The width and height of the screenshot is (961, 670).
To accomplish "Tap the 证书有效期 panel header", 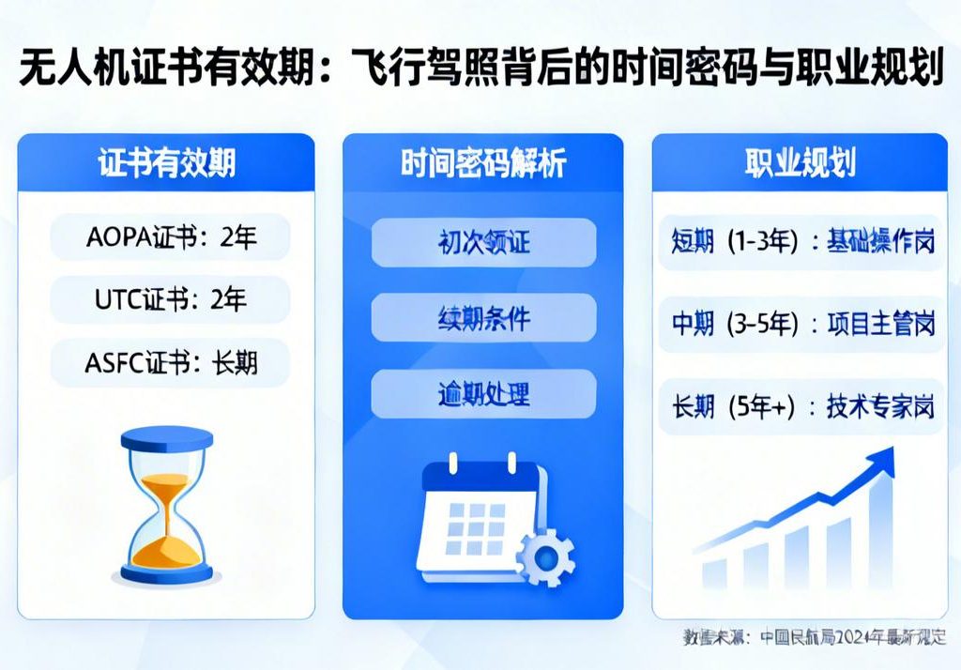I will coord(166,163).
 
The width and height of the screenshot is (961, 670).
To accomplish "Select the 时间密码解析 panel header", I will coord(482,163).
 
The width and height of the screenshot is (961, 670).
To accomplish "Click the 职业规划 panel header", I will coord(800,163).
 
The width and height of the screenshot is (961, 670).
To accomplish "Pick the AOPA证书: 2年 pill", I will coord(170,237).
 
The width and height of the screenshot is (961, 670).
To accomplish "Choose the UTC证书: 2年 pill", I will coord(170,300).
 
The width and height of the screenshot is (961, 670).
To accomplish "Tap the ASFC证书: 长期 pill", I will coord(170,363).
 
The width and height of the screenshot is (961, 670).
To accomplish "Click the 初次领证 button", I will coord(483,242).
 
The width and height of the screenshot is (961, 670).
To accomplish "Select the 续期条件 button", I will coord(483,318).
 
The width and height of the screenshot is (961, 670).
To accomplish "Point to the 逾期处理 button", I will coord(483,393).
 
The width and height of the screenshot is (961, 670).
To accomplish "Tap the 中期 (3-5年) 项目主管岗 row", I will coord(801,325).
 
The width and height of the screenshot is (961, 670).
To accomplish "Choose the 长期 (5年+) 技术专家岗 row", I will coord(801,408).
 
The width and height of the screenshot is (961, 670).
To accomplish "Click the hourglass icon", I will coord(166,505).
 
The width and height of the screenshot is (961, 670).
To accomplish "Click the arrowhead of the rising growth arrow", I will coord(879,460).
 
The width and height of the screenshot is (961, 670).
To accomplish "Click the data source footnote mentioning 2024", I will coord(814,637).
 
